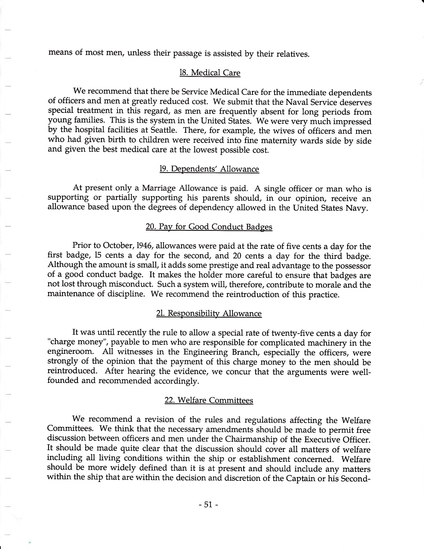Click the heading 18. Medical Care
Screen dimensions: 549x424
tap(210, 73)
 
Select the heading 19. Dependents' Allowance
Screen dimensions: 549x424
tap(209, 169)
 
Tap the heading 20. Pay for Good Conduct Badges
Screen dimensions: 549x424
tap(209, 227)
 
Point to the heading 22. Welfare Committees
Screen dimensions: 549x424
tap(209, 400)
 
